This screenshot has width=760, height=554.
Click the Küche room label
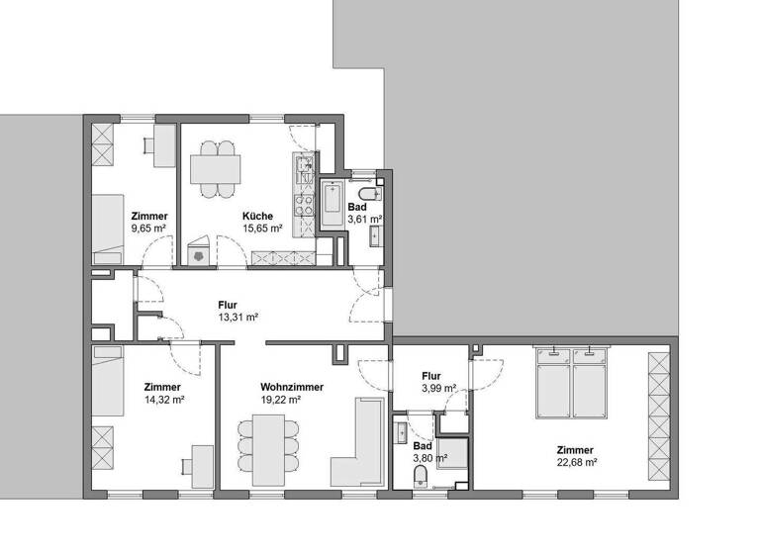tap(257, 216)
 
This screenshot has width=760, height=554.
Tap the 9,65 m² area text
tap(148, 229)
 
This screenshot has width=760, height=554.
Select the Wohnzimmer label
tap(292, 387)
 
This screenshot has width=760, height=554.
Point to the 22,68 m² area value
tap(577, 461)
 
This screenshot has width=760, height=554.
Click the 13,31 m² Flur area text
tap(237, 318)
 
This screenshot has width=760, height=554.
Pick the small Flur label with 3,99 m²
tap(430, 376)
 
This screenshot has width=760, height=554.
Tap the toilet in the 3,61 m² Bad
tap(368, 192)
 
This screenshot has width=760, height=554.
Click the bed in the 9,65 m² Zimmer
tap(106, 228)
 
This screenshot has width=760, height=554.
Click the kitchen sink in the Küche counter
tap(303, 164)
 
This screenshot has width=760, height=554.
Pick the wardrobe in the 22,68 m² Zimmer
tap(658, 415)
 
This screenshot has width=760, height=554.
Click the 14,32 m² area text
tap(163, 401)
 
